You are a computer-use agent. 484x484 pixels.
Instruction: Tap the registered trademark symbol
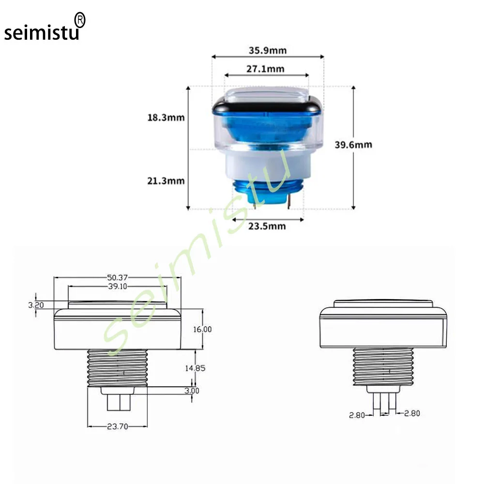pyautogui.click(x=80, y=19)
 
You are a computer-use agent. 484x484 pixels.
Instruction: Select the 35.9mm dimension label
pyautogui.click(x=268, y=50)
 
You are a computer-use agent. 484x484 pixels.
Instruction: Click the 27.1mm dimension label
pyautogui.click(x=265, y=69)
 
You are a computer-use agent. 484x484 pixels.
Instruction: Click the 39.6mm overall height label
pyautogui.click(x=353, y=144)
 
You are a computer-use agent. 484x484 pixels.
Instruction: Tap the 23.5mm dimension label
pyautogui.click(x=267, y=226)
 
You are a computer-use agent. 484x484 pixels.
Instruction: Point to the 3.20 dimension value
pyautogui.click(x=37, y=305)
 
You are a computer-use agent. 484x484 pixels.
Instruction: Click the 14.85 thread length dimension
pyautogui.click(x=195, y=368)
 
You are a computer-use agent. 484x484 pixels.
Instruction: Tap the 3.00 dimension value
pyautogui.click(x=192, y=391)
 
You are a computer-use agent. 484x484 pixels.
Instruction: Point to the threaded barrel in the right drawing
pyautogui.click(x=383, y=366)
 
